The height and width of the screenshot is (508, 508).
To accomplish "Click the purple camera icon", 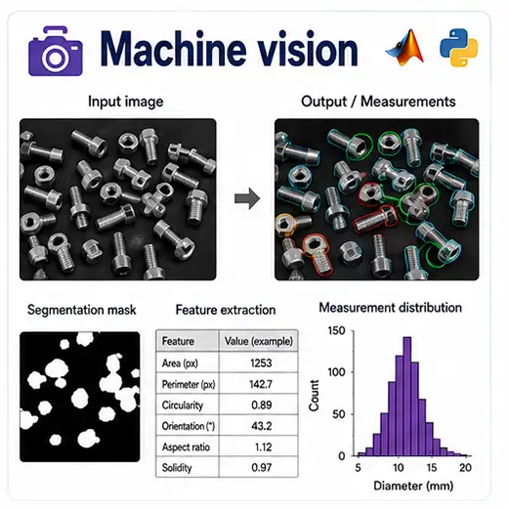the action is click(56, 52).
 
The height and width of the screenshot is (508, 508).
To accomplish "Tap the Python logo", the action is click(459, 48).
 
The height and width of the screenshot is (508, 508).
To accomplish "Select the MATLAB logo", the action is click(405, 47).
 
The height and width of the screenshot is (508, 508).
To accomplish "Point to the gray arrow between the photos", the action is click(247, 198).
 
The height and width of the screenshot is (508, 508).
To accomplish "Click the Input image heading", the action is click(126, 102).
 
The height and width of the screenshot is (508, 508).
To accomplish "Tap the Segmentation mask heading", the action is click(82, 310).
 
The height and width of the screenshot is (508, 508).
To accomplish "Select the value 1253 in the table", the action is click(261, 362).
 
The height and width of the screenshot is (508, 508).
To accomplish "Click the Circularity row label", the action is click(183, 405).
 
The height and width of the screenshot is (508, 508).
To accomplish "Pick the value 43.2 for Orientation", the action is click(262, 426).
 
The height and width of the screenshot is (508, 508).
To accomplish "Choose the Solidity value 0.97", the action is click(262, 467).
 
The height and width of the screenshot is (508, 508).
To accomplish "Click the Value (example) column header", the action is click(259, 341).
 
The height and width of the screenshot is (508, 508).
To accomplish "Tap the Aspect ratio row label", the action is click(186, 446).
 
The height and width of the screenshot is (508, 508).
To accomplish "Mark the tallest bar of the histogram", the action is click(407, 397).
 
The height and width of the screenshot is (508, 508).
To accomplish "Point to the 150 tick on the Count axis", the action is click(336, 330).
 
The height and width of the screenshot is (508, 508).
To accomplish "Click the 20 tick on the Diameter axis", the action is click(465, 468).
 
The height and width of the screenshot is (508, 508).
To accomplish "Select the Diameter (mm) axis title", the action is click(413, 486).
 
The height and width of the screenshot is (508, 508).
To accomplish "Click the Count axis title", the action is click(314, 395).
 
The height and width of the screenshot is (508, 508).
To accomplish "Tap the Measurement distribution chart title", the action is click(390, 308).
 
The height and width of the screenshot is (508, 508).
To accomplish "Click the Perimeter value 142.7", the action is click(261, 384).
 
